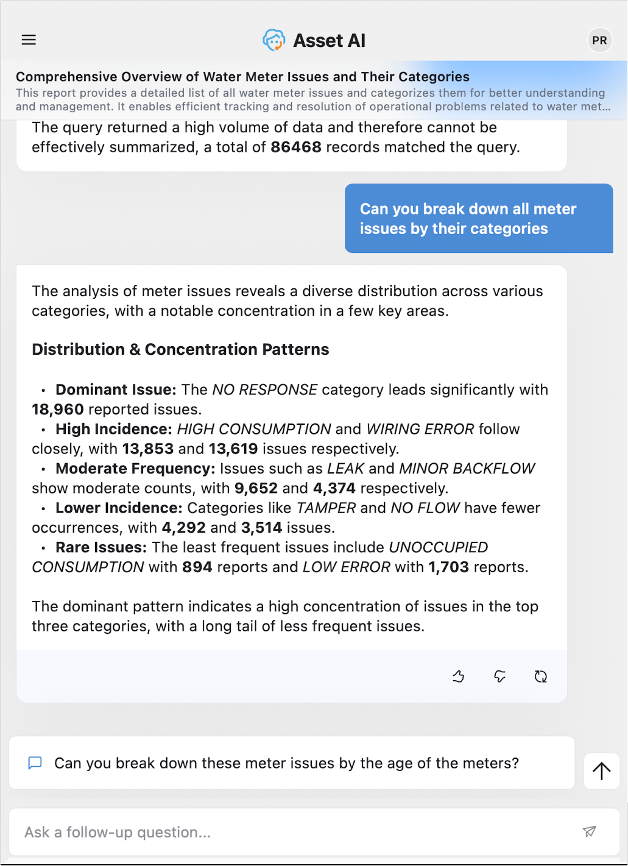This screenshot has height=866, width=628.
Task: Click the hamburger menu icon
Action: (x=29, y=40)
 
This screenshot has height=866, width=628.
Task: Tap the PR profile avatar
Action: (x=599, y=40)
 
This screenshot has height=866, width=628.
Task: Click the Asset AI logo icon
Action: (x=274, y=40)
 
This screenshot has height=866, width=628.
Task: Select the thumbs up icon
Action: (x=459, y=676)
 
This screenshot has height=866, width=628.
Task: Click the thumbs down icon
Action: (x=499, y=676)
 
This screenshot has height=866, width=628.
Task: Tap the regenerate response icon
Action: (x=540, y=676)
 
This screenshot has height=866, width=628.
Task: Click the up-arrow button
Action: (x=601, y=771)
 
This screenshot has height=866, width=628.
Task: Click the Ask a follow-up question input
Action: (x=298, y=832)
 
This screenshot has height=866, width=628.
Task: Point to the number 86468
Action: (x=295, y=147)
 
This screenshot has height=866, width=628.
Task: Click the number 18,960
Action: (x=58, y=410)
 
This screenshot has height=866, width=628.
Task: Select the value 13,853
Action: (x=148, y=449)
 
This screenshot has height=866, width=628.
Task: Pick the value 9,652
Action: (x=256, y=489)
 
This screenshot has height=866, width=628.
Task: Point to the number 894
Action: (x=197, y=567)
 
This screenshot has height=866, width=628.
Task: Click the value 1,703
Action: (x=448, y=567)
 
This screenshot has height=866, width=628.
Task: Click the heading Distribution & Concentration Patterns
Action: (x=180, y=349)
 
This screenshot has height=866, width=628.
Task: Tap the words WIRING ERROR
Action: (x=420, y=429)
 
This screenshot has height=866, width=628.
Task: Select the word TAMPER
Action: (x=326, y=508)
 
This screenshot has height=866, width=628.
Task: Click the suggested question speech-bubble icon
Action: (x=35, y=763)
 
